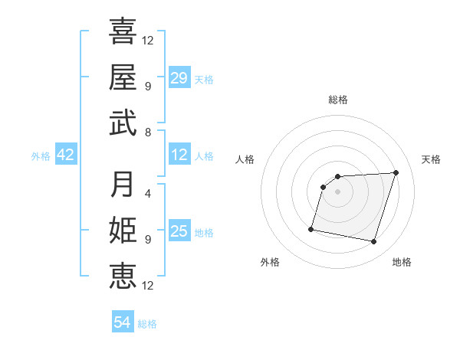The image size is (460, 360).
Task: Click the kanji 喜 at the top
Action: tap(123, 32)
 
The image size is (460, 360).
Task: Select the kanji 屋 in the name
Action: tap(123, 77)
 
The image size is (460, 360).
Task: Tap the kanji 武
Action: tap(123, 123)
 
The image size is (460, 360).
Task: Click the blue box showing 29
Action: tap(179, 78)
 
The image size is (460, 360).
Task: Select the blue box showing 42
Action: tap(66, 155)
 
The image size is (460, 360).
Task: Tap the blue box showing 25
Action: tap(179, 232)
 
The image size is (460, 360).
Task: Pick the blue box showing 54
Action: tap(123, 322)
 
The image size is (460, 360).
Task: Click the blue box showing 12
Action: tap(179, 155)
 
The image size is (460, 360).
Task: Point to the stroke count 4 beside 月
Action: tap(148, 193)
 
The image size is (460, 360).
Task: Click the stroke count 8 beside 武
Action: tap(148, 132)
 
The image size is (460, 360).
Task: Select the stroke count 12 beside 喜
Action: tap(148, 40)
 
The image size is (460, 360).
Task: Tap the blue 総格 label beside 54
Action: tap(147, 324)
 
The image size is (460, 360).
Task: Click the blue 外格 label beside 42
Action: tap(41, 156)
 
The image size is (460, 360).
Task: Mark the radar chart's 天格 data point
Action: tap(396, 173)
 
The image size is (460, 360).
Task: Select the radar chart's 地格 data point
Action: tap(374, 242)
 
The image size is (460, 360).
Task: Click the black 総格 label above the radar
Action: tap(338, 100)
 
